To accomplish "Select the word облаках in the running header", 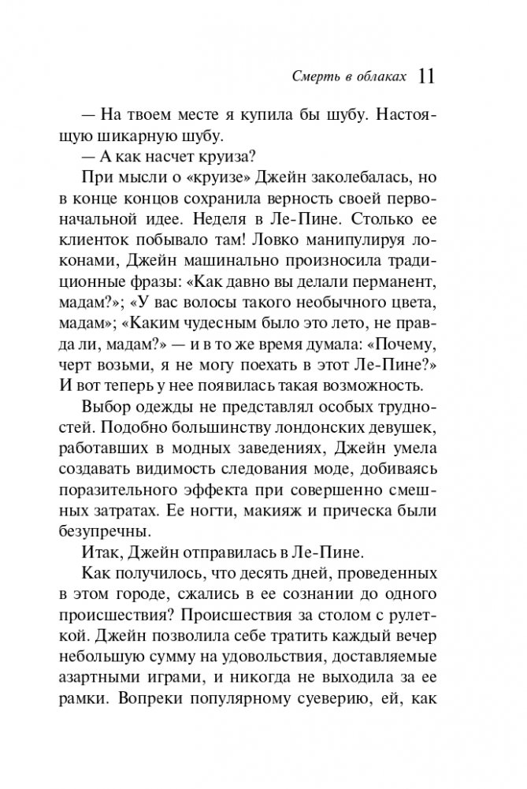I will pos(383,77).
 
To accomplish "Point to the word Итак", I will pos(101,552).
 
